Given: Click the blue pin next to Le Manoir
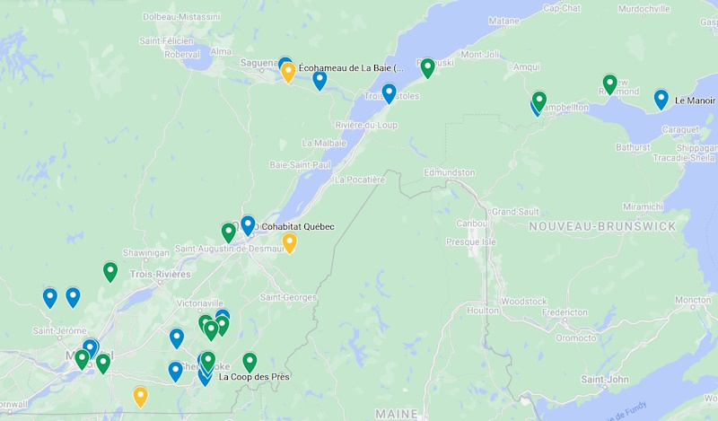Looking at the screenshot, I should click(x=661, y=99).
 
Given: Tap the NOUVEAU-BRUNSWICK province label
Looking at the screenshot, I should click(x=602, y=226).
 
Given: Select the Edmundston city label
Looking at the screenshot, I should click(x=449, y=171).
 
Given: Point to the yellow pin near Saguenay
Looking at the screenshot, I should click(x=288, y=73).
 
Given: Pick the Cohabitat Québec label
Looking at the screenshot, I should click(x=297, y=226).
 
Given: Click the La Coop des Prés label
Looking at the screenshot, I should click(x=254, y=376).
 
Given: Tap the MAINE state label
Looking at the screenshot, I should click(x=398, y=413).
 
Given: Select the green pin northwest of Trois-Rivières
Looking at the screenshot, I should click(x=110, y=270).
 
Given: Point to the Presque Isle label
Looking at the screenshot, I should click(x=470, y=241).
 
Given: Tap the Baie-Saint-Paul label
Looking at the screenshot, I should click(x=301, y=164).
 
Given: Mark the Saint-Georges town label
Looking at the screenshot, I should click(x=289, y=297).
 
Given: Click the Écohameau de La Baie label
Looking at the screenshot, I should click(x=352, y=67).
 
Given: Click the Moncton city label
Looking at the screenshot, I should click(x=693, y=300).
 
